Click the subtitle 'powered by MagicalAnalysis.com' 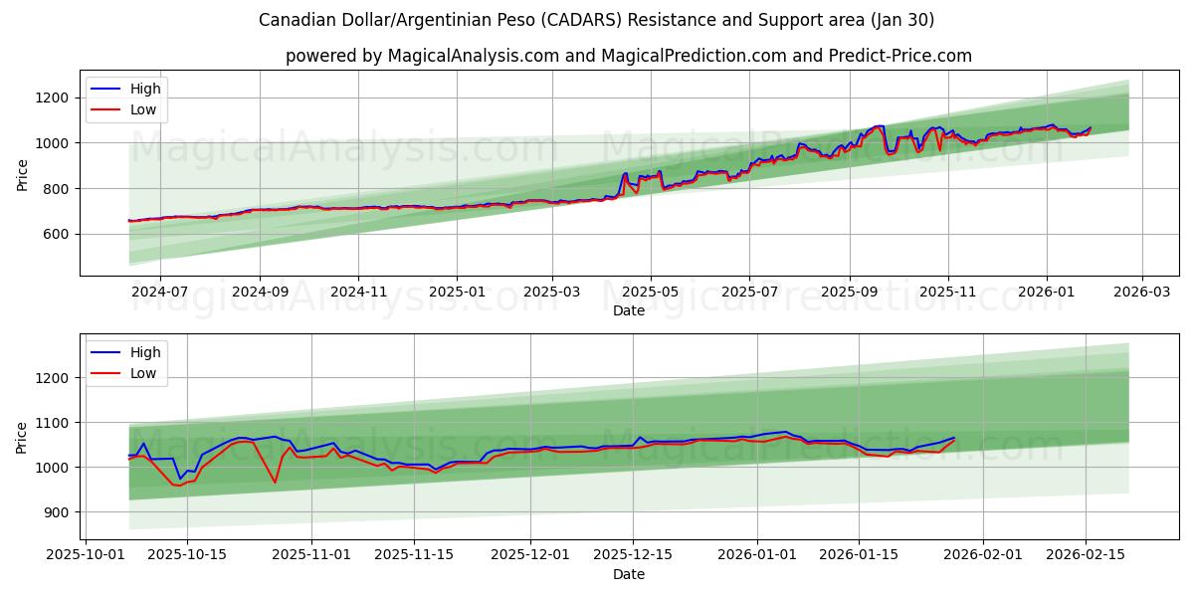pos(628,56)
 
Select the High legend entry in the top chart pos(144,89)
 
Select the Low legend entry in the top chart pos(143,109)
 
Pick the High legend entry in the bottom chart pos(144,352)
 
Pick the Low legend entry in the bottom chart pos(143,373)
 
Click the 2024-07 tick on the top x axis pos(160,292)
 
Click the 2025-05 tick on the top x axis pos(651,292)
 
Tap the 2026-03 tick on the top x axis pos(1141,292)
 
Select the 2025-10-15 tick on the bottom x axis pos(186,554)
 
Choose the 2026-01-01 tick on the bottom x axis pos(757,554)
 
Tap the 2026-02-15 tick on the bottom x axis pos(1086,554)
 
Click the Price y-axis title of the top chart pos(22,175)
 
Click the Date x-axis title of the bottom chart pos(628,574)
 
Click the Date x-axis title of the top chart pos(628,310)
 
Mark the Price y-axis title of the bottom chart pos(22,439)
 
